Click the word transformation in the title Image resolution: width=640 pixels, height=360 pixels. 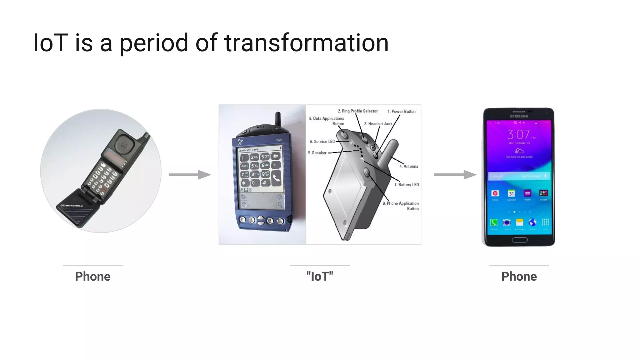306,43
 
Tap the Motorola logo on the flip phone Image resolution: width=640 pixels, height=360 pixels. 72,206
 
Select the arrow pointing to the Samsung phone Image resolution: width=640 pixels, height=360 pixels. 455,175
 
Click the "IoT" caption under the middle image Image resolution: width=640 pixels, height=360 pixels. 320,277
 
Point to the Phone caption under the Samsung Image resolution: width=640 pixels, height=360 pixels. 519,277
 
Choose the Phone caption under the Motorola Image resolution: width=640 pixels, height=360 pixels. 92,277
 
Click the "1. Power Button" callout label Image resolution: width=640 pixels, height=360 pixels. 402,112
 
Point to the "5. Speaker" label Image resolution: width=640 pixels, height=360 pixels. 317,153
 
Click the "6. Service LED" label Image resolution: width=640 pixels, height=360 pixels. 322,142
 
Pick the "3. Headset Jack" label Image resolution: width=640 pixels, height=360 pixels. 378,124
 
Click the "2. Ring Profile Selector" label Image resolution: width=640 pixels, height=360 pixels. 358,111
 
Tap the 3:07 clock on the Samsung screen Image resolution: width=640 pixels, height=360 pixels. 519,135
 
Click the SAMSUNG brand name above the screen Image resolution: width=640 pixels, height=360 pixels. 519,116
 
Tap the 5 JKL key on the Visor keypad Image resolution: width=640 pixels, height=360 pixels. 255,165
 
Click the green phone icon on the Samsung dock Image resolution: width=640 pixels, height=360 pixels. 494,222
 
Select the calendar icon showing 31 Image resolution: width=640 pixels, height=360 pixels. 511,193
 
